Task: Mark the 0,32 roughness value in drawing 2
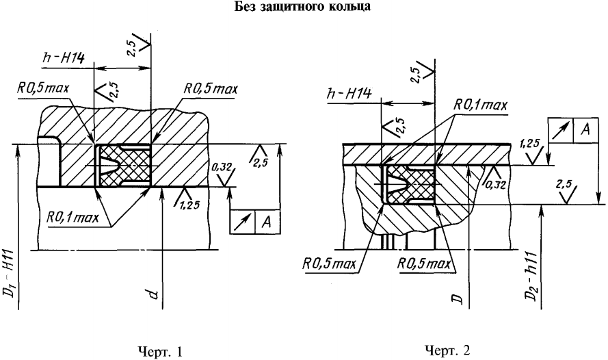coord(495,182)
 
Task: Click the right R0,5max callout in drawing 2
coord(425,262)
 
